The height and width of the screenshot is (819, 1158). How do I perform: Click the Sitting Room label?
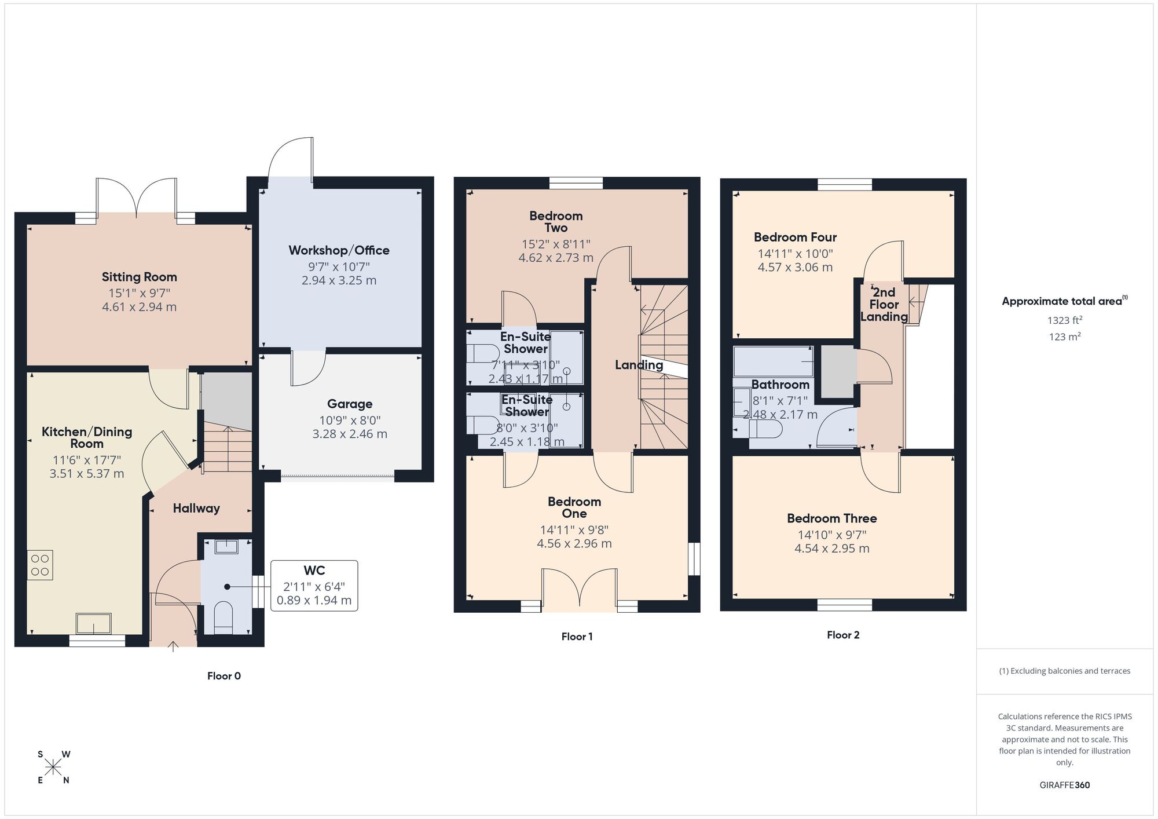pyautogui.click(x=139, y=277)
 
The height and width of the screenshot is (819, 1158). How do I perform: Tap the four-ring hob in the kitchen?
pyautogui.click(x=40, y=565)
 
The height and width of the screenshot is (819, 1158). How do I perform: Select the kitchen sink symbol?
pyautogui.click(x=93, y=624)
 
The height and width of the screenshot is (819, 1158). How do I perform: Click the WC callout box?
pyautogui.click(x=314, y=586)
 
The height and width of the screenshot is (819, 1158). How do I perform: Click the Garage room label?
pyautogui.click(x=349, y=404)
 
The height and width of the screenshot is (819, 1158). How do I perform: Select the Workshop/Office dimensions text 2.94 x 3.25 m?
pyautogui.click(x=339, y=280)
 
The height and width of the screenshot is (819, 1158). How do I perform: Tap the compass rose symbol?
pyautogui.click(x=53, y=767)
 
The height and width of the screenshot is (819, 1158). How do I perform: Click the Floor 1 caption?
pyautogui.click(x=577, y=637)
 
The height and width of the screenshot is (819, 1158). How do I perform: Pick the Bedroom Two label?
pyautogui.click(x=556, y=221)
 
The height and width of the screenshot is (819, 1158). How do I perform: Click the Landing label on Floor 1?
pyautogui.click(x=639, y=364)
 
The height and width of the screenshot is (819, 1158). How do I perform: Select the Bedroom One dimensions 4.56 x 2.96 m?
pyautogui.click(x=574, y=543)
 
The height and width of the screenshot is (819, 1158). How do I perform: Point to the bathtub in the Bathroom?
pyautogui.click(x=773, y=361)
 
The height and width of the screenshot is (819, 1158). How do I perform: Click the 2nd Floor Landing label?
pyautogui.click(x=884, y=304)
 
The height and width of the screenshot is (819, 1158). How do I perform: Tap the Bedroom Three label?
pyautogui.click(x=831, y=518)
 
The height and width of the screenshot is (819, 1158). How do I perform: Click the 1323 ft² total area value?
pyautogui.click(x=1064, y=320)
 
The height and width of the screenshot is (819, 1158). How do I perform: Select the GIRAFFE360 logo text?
pyautogui.click(x=1064, y=785)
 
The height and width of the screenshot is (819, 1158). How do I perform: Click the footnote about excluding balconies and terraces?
pyautogui.click(x=1064, y=671)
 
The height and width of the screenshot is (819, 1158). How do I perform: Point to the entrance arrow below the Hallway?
pyautogui.click(x=173, y=646)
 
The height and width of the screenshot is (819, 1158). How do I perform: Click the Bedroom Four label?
pyautogui.click(x=795, y=237)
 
